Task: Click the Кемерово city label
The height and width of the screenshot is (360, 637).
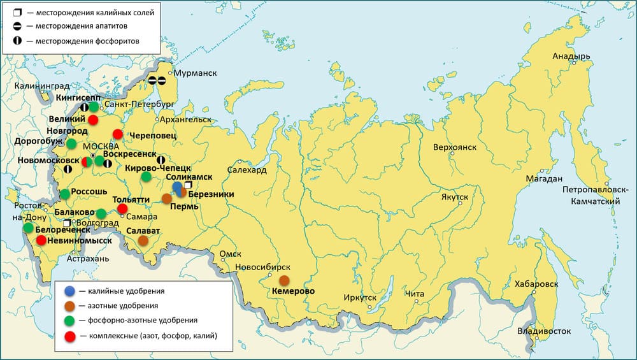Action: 294,291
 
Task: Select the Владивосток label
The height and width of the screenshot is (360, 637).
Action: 543,331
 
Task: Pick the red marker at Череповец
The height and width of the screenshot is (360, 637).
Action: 118,134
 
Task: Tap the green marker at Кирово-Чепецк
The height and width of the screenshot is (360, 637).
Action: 146,176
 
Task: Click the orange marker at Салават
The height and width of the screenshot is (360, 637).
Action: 143,240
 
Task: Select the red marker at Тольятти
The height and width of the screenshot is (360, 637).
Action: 123,208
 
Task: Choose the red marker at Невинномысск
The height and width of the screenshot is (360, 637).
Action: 41,240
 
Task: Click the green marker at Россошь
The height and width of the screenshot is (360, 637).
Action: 65,194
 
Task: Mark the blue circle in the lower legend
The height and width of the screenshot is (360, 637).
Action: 70,291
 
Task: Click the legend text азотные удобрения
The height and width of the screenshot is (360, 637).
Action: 118,306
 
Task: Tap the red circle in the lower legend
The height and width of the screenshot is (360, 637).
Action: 70,335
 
